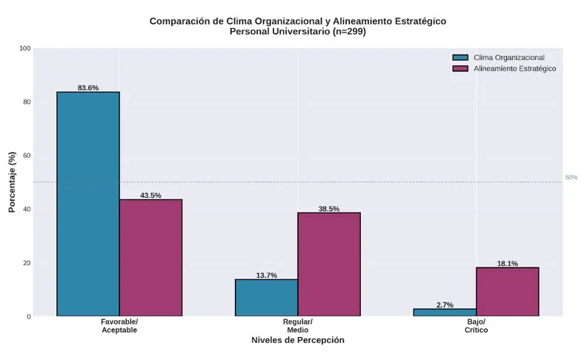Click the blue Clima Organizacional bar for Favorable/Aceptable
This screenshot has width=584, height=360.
click(88, 204)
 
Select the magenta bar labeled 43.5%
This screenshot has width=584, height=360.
click(151, 258)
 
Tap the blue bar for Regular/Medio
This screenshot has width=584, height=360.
click(266, 298)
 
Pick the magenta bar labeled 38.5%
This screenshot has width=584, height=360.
click(329, 264)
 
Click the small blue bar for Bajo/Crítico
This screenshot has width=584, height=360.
click(445, 313)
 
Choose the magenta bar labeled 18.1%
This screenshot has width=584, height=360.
click(508, 292)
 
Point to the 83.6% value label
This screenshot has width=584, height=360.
click(88, 88)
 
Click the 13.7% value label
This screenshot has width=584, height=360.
click(267, 275)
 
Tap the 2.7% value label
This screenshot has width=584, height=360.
click(445, 305)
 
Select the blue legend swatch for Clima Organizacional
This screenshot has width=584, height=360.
click(460, 58)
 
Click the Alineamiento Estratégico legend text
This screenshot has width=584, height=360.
click(515, 68)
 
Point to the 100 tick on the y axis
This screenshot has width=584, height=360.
click(25, 48)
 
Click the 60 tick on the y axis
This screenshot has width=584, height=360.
click(27, 156)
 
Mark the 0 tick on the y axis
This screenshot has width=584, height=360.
click(29, 316)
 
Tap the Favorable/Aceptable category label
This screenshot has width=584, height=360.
click(119, 326)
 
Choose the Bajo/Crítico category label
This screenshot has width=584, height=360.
click(477, 326)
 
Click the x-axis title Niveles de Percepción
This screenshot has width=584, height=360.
click(298, 340)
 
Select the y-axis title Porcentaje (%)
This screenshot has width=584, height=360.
click(12, 182)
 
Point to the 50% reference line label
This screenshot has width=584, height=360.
click(571, 178)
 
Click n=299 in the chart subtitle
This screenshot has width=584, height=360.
click(348, 32)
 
